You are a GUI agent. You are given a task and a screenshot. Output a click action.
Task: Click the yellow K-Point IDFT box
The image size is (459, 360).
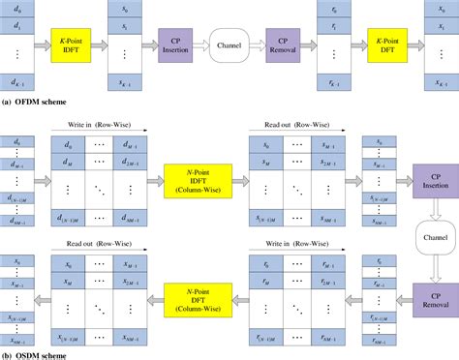[x=71, y=45]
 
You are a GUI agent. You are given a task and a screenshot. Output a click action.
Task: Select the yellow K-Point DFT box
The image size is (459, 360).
[x=384, y=45]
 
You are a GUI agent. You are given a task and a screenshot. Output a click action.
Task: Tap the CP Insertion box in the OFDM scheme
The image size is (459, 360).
[x=175, y=45]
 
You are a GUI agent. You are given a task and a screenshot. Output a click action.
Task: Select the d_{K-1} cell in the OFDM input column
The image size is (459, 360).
[x=17, y=81]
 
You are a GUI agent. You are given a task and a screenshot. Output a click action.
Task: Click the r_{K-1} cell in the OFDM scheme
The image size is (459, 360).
[x=332, y=81]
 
